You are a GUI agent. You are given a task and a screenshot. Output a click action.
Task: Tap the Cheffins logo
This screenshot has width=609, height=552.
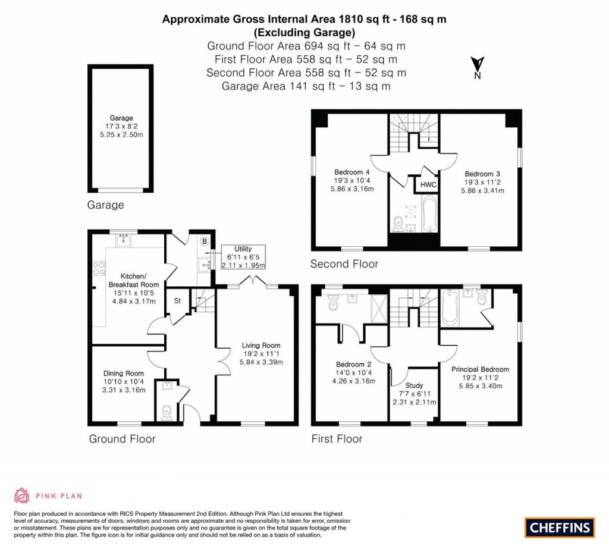tap(560, 528)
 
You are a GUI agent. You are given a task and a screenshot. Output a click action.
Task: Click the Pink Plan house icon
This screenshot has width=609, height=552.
tap(22, 495)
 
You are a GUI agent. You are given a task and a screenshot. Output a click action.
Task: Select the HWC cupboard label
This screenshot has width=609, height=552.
tap(428, 185)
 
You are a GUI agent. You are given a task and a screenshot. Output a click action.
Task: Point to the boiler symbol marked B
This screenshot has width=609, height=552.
tap(205, 241)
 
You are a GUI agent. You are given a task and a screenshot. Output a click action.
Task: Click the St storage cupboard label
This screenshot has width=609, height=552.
tap(177, 300)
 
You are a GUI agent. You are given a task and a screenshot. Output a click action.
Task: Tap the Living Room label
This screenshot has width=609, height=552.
tap(261, 346)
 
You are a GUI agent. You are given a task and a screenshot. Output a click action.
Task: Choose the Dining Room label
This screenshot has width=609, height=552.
tap(124, 374)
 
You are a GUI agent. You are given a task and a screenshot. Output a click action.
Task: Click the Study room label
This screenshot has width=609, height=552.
tap(414, 385)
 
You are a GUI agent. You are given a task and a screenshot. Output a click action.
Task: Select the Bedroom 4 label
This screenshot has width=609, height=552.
tap(352, 172)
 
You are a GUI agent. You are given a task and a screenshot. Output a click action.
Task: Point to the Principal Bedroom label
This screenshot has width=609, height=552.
tap(480, 369)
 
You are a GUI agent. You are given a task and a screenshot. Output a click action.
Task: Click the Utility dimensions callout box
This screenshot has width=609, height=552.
tap(243, 257)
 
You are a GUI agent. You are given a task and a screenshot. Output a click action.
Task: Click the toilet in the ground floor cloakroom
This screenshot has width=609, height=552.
tap(167, 412)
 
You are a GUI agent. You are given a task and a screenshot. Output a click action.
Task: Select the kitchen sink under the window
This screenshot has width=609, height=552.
tap(124, 240)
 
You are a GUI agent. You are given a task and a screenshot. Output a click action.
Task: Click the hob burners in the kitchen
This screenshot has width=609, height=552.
tap(99, 268)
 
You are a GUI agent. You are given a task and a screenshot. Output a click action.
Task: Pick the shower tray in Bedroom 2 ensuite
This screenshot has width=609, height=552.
tap(379, 309)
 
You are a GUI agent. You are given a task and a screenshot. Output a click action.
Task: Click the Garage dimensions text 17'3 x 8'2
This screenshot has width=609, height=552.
tap(121, 126)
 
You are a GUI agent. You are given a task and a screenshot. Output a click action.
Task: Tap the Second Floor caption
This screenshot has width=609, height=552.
tap(344, 264)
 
